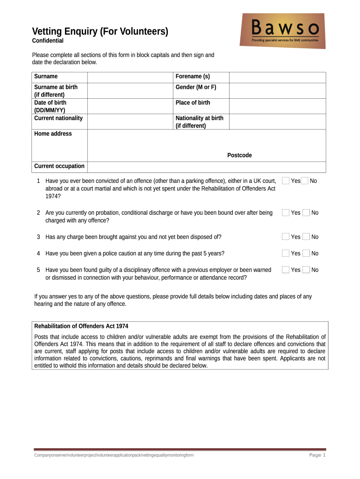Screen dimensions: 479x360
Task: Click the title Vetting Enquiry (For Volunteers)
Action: (x=100, y=32)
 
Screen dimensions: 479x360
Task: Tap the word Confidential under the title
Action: (x=48, y=41)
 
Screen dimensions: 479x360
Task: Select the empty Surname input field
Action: (x=130, y=77)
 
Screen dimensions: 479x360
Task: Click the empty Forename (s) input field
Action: (x=277, y=77)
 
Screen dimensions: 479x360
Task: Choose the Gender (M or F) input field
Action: (x=277, y=91)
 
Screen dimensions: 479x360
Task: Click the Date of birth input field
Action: (x=130, y=106)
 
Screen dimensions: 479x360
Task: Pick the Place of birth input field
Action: (x=277, y=106)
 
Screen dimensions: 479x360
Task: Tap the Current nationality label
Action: (x=58, y=118)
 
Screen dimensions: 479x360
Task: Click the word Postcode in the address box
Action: (x=239, y=155)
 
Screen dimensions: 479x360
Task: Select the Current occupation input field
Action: (x=206, y=167)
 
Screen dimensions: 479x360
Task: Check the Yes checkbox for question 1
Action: (x=285, y=181)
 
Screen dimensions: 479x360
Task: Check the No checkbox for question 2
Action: (x=306, y=213)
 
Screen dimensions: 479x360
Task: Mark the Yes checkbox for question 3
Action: (x=285, y=237)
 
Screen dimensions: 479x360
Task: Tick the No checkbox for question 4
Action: (x=306, y=254)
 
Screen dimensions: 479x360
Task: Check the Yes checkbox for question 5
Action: (x=285, y=270)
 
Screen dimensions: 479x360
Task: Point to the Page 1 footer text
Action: (x=317, y=455)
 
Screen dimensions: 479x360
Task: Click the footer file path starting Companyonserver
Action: (x=114, y=455)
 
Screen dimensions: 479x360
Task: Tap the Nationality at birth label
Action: (x=199, y=122)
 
